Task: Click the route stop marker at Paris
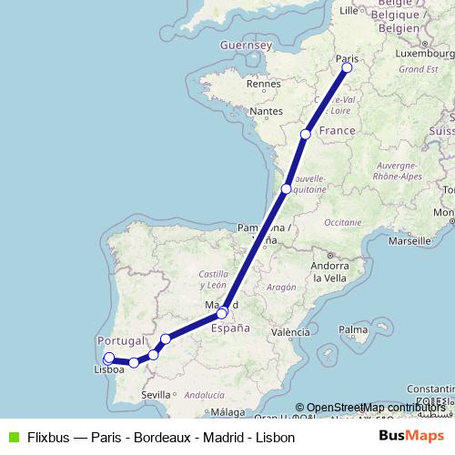(347, 66)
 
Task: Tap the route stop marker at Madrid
(221, 314)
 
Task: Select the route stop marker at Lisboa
(109, 358)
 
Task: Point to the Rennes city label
(264, 83)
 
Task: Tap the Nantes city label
(267, 111)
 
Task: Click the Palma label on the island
(352, 329)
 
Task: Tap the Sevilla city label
(156, 394)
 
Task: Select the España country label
(230, 330)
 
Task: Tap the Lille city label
(349, 11)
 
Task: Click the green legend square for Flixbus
(11, 437)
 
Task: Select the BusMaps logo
(411, 436)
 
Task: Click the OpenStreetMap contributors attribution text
(375, 407)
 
